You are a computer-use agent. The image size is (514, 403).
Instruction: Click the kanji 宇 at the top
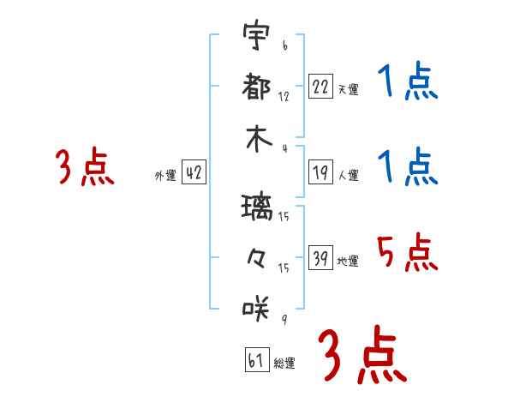(x=257, y=34)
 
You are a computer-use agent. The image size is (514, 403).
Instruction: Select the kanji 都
(x=256, y=87)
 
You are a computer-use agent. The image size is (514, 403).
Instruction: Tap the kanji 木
(x=259, y=139)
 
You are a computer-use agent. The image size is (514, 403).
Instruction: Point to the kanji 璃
(x=257, y=207)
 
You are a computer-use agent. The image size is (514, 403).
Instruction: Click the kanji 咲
(x=256, y=308)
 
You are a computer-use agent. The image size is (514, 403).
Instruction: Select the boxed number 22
(x=320, y=87)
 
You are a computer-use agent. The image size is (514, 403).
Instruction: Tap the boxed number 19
(x=320, y=172)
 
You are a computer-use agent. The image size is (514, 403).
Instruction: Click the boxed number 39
(x=320, y=257)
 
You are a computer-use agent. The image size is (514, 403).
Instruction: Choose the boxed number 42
(x=194, y=172)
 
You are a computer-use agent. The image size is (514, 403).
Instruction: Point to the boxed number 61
(x=257, y=359)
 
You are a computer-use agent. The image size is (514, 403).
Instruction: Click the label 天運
(x=349, y=89)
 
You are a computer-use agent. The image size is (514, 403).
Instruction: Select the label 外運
(x=165, y=175)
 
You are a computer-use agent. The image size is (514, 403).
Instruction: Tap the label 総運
(x=284, y=363)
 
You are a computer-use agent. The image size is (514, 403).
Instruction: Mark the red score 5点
(x=408, y=252)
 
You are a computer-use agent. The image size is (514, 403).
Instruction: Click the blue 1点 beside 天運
(x=408, y=81)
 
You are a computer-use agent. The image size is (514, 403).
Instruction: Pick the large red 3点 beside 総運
(x=362, y=355)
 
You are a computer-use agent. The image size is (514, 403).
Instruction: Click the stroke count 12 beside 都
(x=284, y=97)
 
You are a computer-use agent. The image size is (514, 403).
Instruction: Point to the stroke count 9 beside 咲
(x=285, y=319)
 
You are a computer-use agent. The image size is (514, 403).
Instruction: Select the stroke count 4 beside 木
(x=285, y=148)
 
